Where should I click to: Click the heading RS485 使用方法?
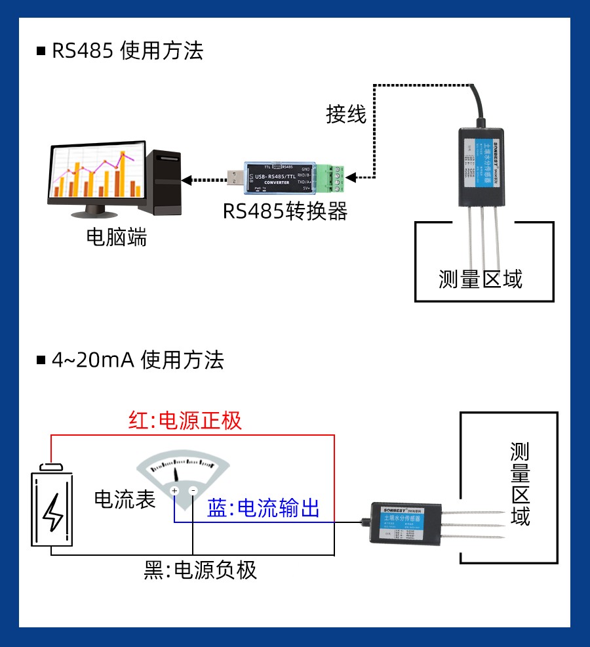click(x=127, y=51)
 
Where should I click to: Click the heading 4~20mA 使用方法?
click(x=138, y=360)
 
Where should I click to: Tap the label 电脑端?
click(x=117, y=237)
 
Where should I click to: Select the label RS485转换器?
click(x=285, y=211)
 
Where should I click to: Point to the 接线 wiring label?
click(x=346, y=114)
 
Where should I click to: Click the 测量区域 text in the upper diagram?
click(x=481, y=279)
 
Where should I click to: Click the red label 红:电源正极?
click(x=185, y=420)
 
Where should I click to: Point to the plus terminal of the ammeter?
click(x=174, y=491)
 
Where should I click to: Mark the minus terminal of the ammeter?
click(x=193, y=491)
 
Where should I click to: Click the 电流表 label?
click(x=125, y=499)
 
